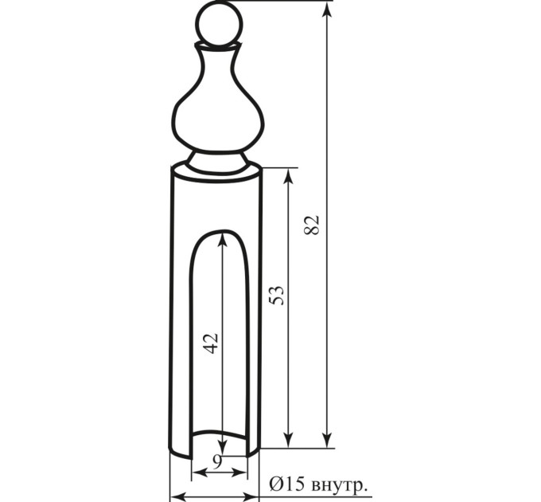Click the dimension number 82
point(312,225)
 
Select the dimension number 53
point(277,295)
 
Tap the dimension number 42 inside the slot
point(211,343)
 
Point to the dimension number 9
point(216,462)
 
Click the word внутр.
point(339,486)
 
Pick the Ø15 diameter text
point(287,485)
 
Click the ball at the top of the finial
point(220,25)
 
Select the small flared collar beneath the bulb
point(217,162)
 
